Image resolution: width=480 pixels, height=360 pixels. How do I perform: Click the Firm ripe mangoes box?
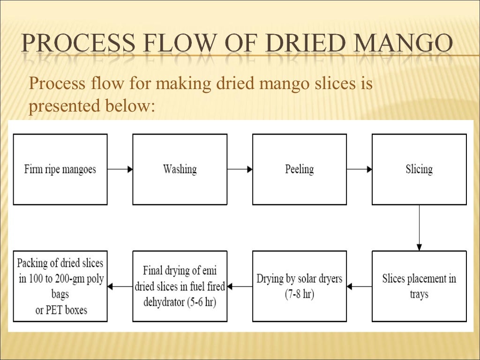pos(60,169)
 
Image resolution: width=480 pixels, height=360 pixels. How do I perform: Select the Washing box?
pos(180,169)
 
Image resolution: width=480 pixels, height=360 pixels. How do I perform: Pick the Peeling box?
pos(300,169)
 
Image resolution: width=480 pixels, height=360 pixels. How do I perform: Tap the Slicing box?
pos(419,169)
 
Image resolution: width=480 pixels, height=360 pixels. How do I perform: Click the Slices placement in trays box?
pos(419,286)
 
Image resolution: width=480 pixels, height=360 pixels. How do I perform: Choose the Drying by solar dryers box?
pos(300,286)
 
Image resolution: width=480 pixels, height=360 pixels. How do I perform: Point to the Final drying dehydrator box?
pos(180,286)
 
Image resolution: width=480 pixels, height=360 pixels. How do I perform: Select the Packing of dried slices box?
pos(60,286)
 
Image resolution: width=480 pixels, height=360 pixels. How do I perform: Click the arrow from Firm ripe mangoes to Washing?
pos(120,169)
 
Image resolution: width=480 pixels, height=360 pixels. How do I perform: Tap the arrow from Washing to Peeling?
pos(240,169)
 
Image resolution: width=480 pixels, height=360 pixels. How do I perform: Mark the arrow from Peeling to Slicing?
pos(360,169)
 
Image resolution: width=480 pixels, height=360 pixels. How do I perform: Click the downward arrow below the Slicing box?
pos(419,228)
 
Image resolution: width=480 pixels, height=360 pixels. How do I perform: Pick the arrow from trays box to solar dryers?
pos(360,286)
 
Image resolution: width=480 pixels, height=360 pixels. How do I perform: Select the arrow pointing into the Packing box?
pos(120,286)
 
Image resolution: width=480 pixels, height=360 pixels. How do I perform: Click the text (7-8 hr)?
pos(299,295)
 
